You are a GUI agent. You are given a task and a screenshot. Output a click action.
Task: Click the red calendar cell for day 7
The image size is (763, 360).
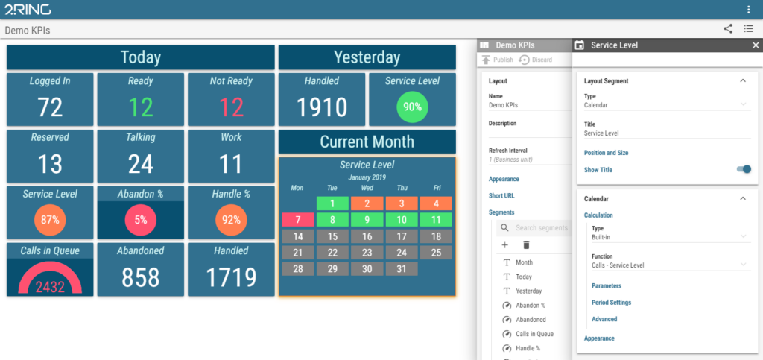click(297, 220)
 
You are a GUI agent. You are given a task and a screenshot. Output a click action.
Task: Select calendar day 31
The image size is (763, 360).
click(402, 269)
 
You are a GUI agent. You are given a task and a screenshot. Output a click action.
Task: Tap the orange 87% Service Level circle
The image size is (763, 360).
click(50, 220)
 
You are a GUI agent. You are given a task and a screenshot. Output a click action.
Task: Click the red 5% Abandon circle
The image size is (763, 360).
click(141, 220)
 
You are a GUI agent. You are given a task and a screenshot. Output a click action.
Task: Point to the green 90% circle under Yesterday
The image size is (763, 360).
click(412, 107)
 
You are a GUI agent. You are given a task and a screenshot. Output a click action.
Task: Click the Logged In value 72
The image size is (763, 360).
click(50, 107)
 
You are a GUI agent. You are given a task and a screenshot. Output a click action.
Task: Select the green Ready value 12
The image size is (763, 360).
click(141, 107)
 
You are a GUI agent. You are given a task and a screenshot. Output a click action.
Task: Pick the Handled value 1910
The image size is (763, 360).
click(322, 107)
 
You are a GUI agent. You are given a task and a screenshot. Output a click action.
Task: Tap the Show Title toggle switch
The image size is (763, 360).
click(744, 169)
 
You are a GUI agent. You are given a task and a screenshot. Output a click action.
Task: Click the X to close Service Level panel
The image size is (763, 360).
click(755, 45)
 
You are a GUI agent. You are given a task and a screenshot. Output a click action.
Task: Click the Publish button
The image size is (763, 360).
click(497, 60)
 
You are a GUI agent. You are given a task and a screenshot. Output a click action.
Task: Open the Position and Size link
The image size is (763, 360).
click(606, 153)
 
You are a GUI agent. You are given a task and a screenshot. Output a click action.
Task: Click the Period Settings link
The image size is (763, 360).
click(611, 303)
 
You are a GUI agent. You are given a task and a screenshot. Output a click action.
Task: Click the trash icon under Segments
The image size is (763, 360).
click(526, 245)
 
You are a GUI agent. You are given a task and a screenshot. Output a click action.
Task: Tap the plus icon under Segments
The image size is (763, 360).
click(505, 245)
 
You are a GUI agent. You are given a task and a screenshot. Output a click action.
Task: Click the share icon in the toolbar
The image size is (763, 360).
click(728, 29)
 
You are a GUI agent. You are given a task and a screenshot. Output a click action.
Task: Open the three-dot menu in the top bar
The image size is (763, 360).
click(748, 10)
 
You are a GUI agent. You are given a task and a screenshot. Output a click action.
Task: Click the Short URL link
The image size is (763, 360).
click(501, 195)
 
